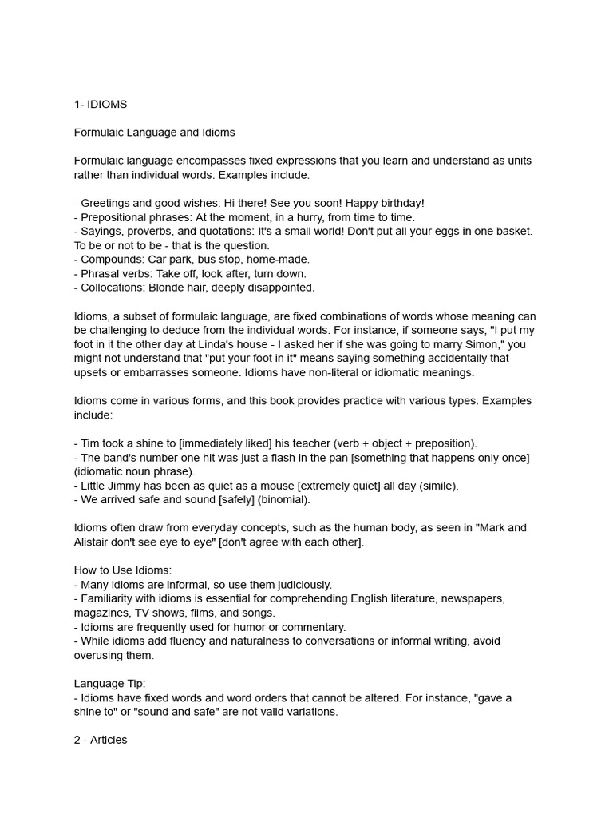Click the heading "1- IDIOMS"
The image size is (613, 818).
pyautogui.click(x=101, y=105)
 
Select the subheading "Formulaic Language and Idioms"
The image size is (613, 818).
pyautogui.click(x=155, y=133)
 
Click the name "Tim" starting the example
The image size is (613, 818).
pyautogui.click(x=90, y=443)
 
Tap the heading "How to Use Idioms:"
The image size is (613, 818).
pyautogui.click(x=123, y=570)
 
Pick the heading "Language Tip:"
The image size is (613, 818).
pyautogui.click(x=110, y=684)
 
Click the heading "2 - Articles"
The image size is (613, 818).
pyautogui.click(x=101, y=741)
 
